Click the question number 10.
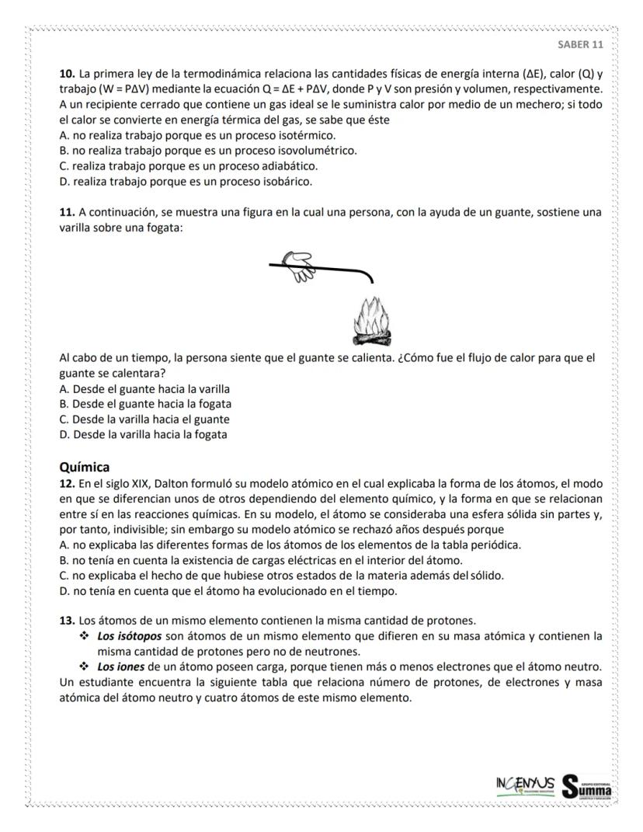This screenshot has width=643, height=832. pyautogui.click(x=67, y=75)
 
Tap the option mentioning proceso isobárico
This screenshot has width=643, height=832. pyautogui.click(x=186, y=182)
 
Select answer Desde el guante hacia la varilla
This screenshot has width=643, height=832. pyautogui.click(x=144, y=389)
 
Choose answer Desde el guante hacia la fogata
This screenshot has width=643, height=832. pyautogui.click(x=145, y=404)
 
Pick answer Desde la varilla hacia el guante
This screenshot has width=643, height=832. pyautogui.click(x=144, y=419)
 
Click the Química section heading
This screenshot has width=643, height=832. pyautogui.click(x=85, y=467)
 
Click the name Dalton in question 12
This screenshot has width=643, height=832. pyautogui.click(x=162, y=483)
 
